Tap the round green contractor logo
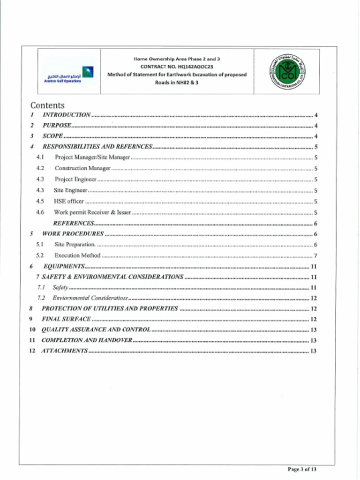[286, 72]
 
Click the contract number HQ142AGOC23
[177, 67]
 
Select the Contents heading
[47, 105]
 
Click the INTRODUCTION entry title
[66, 115]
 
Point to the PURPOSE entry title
[57, 126]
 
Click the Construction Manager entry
[82, 168]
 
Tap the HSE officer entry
[68, 201]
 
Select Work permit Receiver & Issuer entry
[92, 212]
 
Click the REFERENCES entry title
[74, 224]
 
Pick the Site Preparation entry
[75, 244]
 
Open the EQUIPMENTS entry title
[64, 267]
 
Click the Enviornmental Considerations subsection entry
[90, 298]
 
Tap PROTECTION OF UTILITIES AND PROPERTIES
[110, 309]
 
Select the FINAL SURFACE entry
[66, 319]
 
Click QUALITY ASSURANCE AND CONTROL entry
[96, 330]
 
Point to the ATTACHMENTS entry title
[65, 351]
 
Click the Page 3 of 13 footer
[302, 469]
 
